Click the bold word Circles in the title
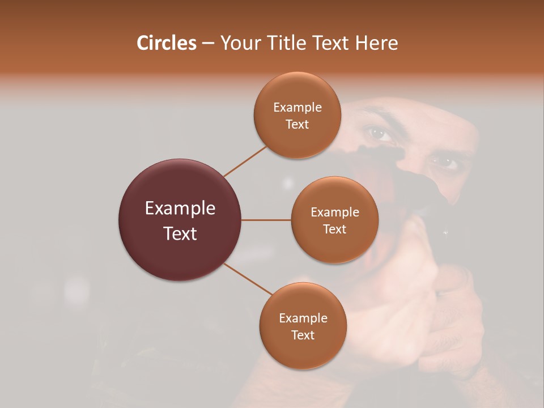pyautogui.click(x=166, y=43)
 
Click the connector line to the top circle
pyautogui.click(x=245, y=161)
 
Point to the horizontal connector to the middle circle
pyautogui.click(x=266, y=220)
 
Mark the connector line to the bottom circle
pyautogui.click(x=248, y=278)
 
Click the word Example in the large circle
pyautogui.click(x=180, y=209)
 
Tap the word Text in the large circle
pyautogui.click(x=180, y=233)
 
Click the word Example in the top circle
pyautogui.click(x=297, y=108)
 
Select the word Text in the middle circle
pyautogui.click(x=334, y=229)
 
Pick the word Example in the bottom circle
pyautogui.click(x=303, y=318)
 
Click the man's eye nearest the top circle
pyautogui.click(x=380, y=134)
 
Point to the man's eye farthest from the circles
pyautogui.click(x=444, y=163)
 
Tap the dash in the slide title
pyautogui.click(x=208, y=44)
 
